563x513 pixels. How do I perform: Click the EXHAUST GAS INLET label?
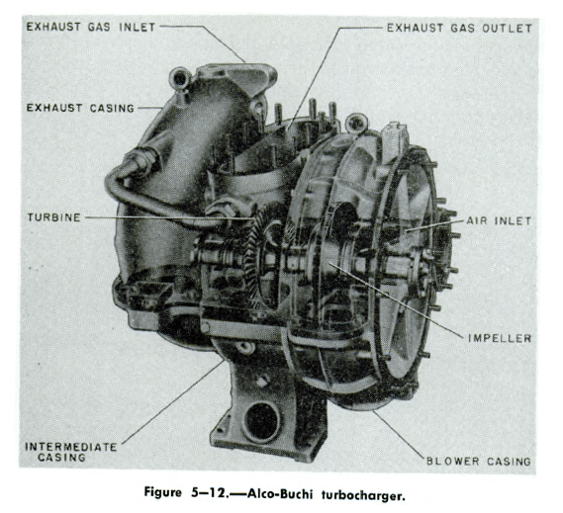(90, 27)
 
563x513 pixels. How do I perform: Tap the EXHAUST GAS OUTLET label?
(459, 29)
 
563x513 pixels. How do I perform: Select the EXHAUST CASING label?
(80, 108)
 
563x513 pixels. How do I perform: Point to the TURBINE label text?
(54, 217)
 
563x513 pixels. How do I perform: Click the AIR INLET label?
(499, 220)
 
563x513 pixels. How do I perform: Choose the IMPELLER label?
(500, 338)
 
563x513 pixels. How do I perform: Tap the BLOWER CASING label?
(479, 461)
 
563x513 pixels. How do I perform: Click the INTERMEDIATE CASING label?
(70, 452)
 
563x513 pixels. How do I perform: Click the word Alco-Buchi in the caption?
(279, 494)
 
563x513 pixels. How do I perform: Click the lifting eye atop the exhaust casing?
(179, 78)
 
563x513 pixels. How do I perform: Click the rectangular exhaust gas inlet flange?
(236, 76)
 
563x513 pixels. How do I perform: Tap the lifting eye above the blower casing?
(356, 124)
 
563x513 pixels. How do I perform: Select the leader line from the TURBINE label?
(169, 217)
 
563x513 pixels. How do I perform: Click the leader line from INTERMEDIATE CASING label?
(173, 401)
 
